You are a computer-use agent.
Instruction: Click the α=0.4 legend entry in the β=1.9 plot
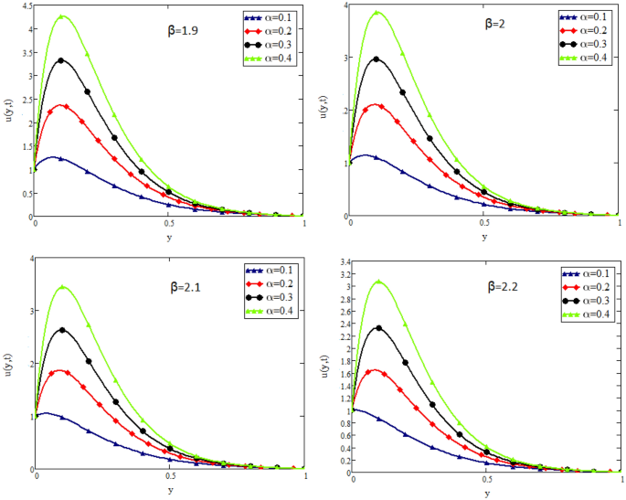tap(273, 59)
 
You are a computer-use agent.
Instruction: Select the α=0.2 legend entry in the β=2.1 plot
tap(273, 284)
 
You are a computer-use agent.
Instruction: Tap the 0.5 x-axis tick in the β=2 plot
tap(484, 224)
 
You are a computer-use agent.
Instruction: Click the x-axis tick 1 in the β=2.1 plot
tap(305, 477)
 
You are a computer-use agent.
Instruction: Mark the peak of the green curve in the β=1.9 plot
tap(61, 16)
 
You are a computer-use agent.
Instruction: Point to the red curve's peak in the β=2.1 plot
tap(61, 370)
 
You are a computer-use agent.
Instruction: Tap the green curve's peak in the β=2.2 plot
tap(377, 282)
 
